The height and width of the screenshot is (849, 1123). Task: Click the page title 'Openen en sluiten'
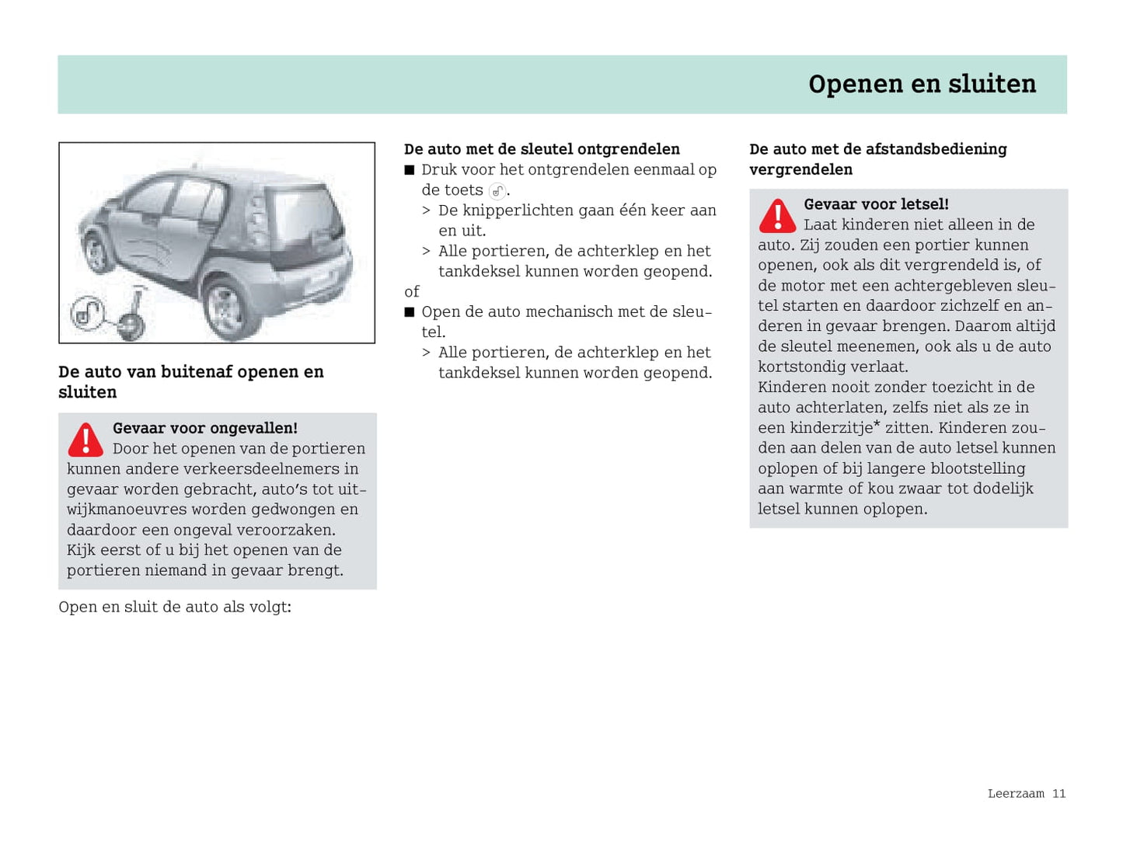pyautogui.click(x=922, y=84)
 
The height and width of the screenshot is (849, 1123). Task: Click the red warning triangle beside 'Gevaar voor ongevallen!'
pyautogui.click(x=85, y=440)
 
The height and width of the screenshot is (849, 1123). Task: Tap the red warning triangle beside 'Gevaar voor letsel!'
pyautogui.click(x=777, y=216)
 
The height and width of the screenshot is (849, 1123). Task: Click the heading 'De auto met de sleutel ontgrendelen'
pyautogui.click(x=542, y=149)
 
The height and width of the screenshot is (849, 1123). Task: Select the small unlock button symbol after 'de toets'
pyautogui.click(x=497, y=191)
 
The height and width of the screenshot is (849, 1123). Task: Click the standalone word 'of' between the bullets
pyautogui.click(x=412, y=291)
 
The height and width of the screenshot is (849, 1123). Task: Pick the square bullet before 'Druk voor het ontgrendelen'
pyautogui.click(x=410, y=170)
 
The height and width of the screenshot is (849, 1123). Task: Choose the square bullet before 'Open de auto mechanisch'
pyautogui.click(x=410, y=312)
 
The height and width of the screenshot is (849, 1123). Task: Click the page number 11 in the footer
pyautogui.click(x=1058, y=793)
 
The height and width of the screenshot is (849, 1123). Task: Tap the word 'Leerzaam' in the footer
pyautogui.click(x=1016, y=793)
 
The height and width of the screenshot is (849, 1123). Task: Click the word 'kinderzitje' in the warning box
pyautogui.click(x=831, y=428)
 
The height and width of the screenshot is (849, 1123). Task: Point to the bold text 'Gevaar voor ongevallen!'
pyautogui.click(x=205, y=428)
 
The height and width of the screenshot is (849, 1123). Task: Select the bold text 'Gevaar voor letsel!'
pyautogui.click(x=876, y=204)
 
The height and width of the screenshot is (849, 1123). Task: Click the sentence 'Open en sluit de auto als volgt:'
pyautogui.click(x=175, y=607)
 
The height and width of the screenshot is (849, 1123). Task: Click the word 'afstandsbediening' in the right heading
pyautogui.click(x=938, y=149)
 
